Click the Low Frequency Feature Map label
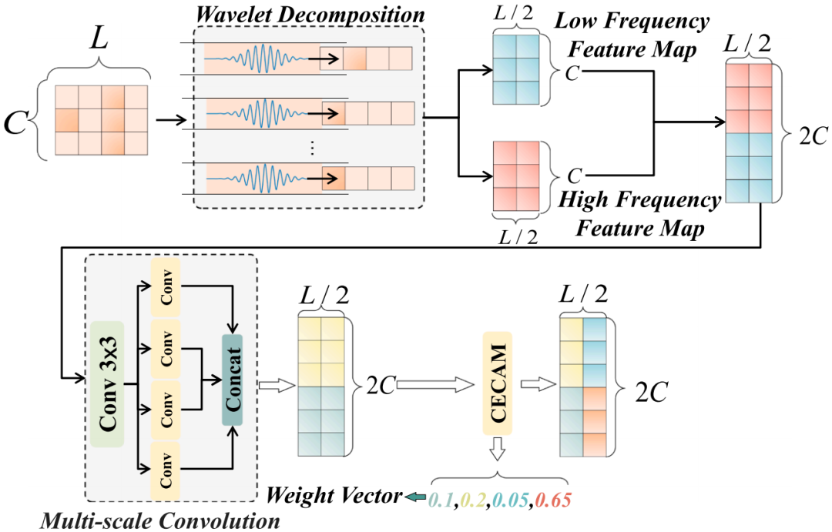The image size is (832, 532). (632, 34)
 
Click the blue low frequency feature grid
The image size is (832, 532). (514, 69)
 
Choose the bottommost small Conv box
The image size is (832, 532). (166, 469)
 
